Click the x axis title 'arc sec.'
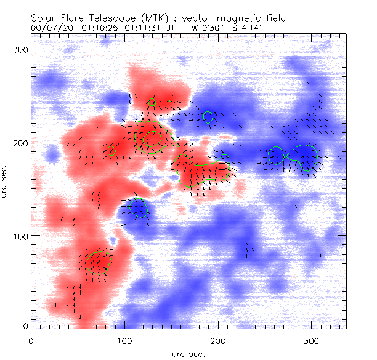point(187,353)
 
